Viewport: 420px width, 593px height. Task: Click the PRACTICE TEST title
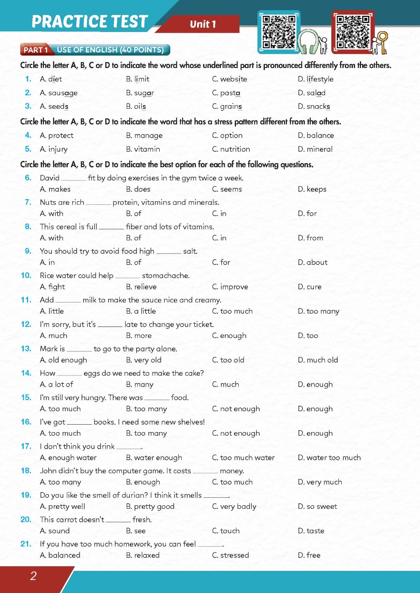(89, 22)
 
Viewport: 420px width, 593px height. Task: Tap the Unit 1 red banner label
(203, 24)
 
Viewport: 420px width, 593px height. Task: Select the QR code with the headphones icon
(279, 32)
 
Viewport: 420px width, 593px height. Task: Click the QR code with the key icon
(352, 32)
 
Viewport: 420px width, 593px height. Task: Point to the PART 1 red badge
(35, 50)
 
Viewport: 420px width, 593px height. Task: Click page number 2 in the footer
(33, 576)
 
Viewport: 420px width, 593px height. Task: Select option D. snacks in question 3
(314, 106)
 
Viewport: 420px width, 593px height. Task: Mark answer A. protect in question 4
(57, 136)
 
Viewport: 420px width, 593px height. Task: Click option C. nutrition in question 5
(231, 149)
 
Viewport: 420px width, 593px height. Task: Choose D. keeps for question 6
(312, 189)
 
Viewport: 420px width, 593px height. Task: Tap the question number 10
(26, 276)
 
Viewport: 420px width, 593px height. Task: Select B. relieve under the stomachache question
(141, 287)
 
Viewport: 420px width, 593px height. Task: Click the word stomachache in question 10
(165, 276)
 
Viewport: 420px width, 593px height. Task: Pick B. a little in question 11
(141, 311)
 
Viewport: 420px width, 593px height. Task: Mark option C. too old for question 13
(228, 360)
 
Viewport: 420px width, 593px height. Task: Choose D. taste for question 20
(311, 531)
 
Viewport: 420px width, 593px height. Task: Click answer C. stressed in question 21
(230, 555)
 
